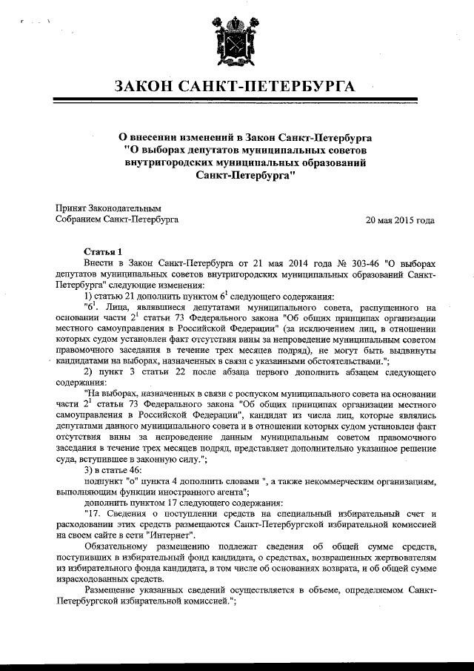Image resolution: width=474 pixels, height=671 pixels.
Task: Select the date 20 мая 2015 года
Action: [400, 220]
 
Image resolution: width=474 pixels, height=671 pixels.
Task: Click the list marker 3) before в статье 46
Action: [90, 469]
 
